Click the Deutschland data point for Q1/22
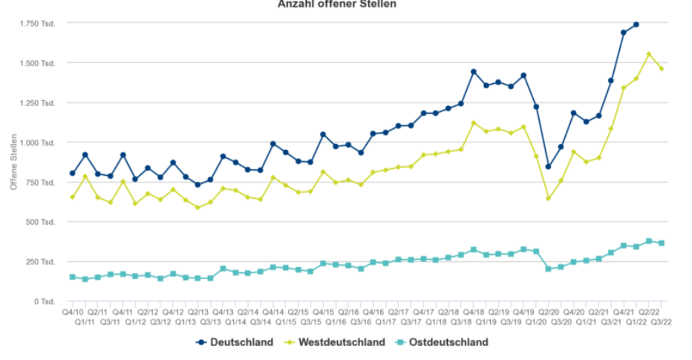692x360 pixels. [636, 24]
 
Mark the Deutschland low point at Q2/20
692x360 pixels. [549, 167]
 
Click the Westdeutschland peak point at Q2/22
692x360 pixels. [649, 54]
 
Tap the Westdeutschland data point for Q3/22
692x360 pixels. [662, 69]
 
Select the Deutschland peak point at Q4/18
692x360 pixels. [474, 72]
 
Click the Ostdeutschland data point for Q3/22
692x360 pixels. [662, 243]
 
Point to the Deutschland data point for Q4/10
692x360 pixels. [73, 174]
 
